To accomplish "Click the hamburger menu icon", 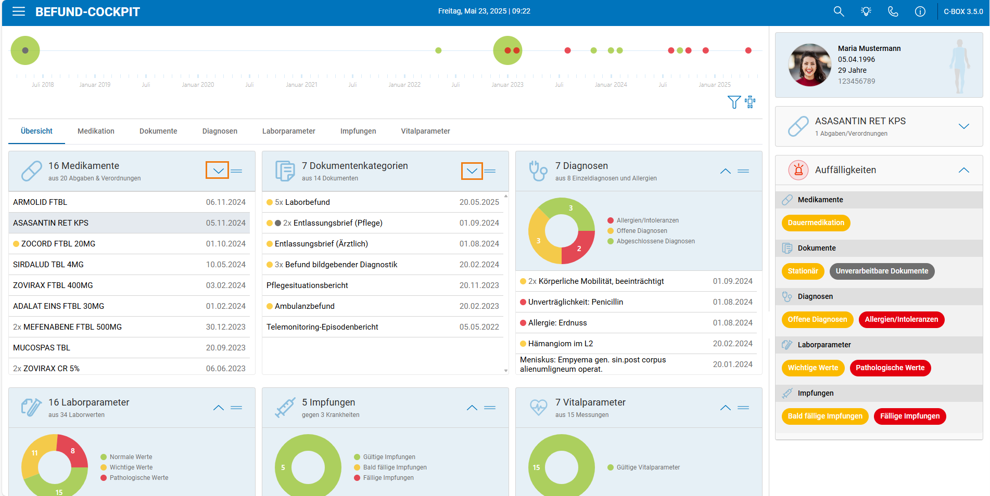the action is pos(19,11).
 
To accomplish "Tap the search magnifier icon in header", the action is pos(839,11).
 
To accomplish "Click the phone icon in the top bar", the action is pos(893,11).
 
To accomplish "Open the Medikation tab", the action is pos(96,131).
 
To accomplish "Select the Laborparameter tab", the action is pos(289,131).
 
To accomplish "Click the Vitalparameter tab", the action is pos(425,131).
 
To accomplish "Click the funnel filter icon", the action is pos(734,102).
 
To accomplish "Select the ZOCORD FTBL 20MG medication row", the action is pos(129,243).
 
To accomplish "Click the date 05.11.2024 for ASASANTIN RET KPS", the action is pos(225,223).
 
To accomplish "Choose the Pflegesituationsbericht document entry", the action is pos(307,285).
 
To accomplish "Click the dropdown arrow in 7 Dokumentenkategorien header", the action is pos(472,171).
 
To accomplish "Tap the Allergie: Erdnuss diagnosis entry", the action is pos(557,322).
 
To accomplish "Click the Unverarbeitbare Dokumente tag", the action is pos(882,271).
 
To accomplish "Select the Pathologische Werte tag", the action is pos(890,368).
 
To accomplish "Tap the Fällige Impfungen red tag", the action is pos(910,416).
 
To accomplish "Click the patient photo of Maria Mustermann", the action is pos(809,65).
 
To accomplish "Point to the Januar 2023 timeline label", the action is pos(507,85).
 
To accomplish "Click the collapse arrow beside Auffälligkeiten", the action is pos(964,170).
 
